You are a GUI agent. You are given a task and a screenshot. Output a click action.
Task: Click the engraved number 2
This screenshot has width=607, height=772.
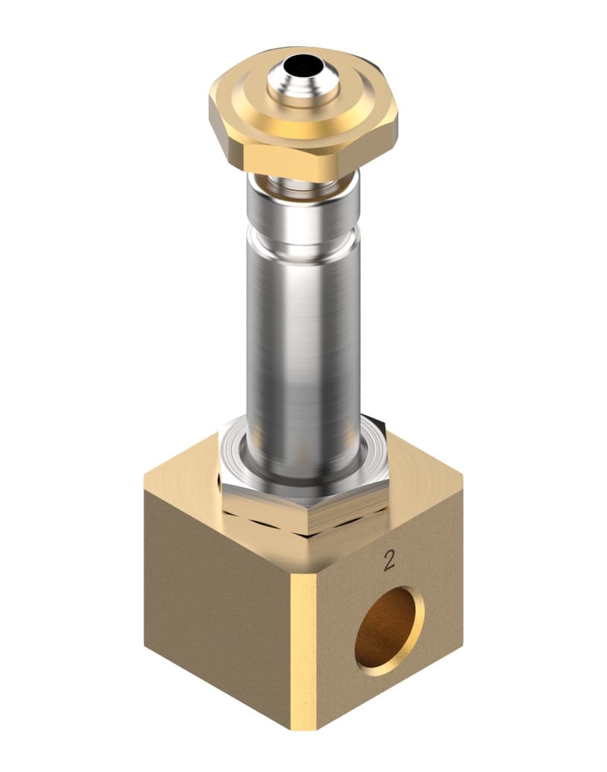(389, 561)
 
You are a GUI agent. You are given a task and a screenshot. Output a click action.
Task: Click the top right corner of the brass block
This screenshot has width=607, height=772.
(462, 478)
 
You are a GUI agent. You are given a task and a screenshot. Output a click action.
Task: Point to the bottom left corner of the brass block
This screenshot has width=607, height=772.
(146, 645)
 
